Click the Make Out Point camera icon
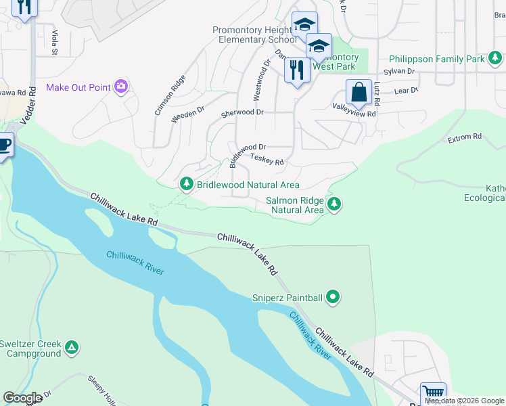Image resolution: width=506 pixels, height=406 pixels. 121,86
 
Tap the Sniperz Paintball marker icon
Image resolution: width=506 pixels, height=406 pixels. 332,296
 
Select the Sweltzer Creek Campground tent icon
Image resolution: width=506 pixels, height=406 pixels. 72,348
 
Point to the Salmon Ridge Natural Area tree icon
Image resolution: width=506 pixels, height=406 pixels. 333,204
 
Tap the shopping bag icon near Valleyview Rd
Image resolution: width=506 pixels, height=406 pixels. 359,92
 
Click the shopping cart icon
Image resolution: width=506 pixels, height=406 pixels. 433,394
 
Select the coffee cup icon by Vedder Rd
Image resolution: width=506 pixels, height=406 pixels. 4,145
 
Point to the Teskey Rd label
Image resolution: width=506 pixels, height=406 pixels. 267,160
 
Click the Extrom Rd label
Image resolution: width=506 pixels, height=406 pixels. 464,137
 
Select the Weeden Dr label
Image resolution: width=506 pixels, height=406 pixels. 187,114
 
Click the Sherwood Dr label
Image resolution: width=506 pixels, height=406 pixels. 241,113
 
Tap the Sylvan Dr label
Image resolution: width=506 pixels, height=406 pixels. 398,71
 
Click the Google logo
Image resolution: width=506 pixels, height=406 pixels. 22,398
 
